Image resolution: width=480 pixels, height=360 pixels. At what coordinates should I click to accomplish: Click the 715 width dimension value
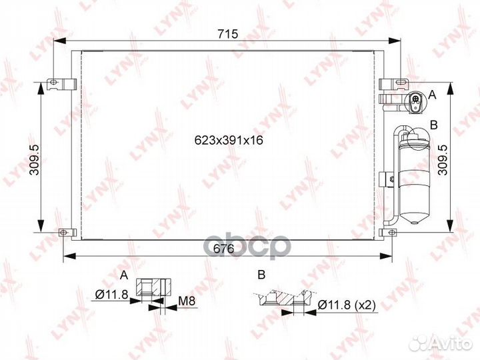pyautogui.click(x=227, y=34)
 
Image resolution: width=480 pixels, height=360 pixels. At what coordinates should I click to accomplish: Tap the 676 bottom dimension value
pyautogui.click(x=223, y=249)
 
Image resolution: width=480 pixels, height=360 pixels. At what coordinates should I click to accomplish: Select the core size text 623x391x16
pyautogui.click(x=229, y=140)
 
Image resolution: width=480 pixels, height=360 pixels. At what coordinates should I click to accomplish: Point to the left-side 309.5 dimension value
pyautogui.click(x=34, y=160)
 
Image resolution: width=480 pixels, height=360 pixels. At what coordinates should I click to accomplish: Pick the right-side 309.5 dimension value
pyautogui.click(x=443, y=160)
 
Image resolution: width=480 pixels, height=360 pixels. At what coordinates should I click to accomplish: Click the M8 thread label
pyautogui.click(x=187, y=301)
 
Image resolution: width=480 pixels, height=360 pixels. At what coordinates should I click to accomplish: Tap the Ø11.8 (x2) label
pyautogui.click(x=347, y=305)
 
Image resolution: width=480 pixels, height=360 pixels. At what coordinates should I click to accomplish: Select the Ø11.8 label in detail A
pyautogui.click(x=111, y=295)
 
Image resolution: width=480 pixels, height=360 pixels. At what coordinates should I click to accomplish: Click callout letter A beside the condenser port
pyautogui.click(x=432, y=95)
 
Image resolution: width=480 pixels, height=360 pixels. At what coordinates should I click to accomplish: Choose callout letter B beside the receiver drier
pyautogui.click(x=434, y=125)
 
